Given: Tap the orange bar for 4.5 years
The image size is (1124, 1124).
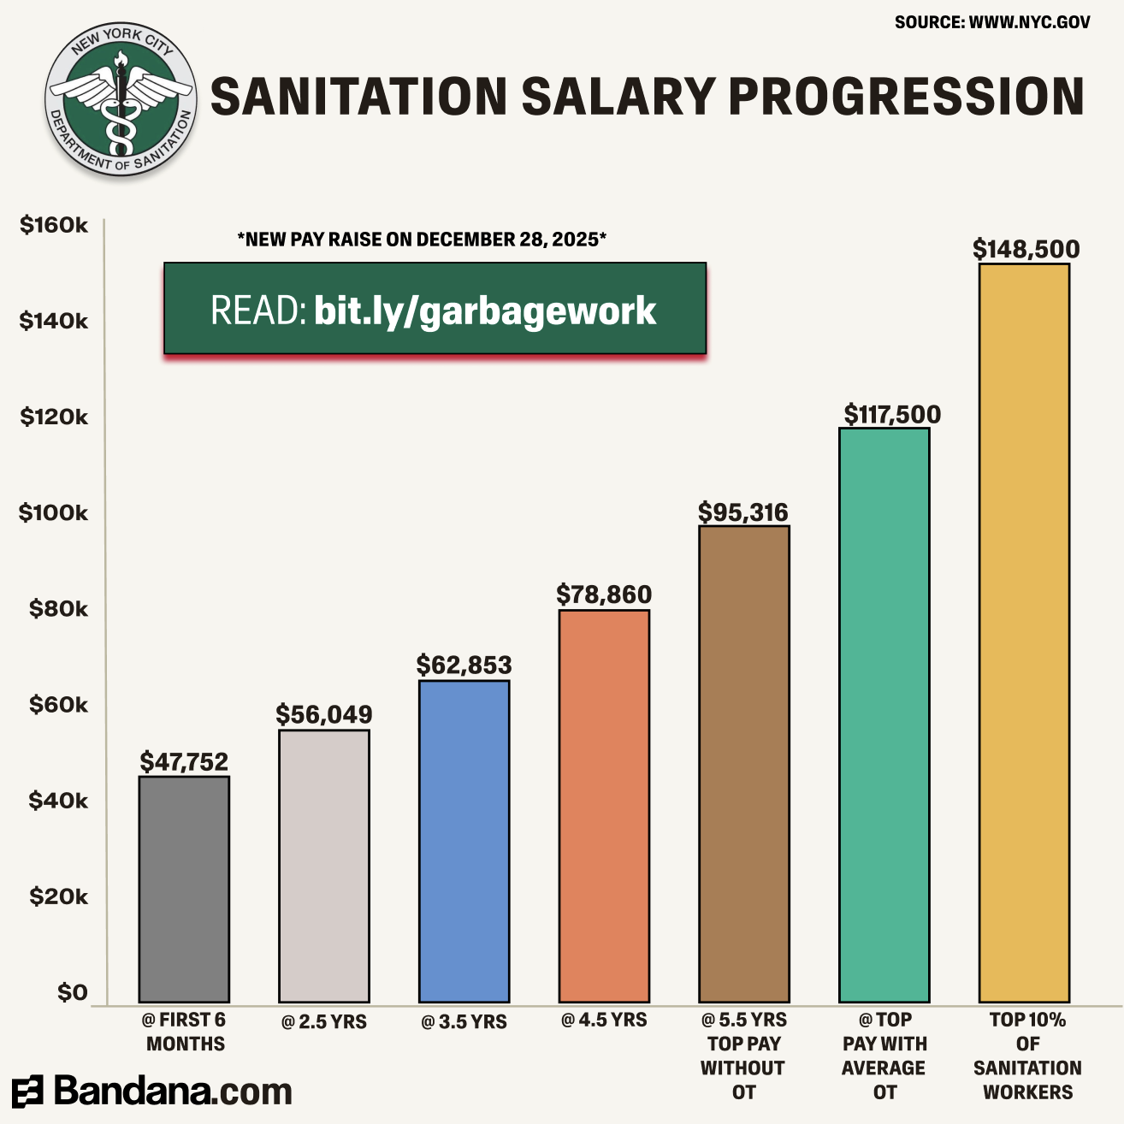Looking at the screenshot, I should coord(604,805).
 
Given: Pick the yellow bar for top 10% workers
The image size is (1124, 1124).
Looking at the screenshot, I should coord(1024,632).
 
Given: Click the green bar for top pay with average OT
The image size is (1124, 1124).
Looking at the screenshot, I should coord(884,714).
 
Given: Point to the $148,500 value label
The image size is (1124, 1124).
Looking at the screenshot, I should coord(1026,249).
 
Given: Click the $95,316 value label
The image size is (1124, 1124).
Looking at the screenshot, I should coord(743,512).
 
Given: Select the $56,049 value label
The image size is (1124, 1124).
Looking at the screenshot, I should coord(324,714).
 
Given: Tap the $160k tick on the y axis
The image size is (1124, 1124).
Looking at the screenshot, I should coord(53,225).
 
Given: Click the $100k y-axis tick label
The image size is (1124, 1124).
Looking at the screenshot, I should coord(53,512).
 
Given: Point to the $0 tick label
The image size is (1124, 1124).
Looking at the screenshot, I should coord(72,991).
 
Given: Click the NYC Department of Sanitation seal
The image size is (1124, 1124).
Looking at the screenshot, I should coord(121,100).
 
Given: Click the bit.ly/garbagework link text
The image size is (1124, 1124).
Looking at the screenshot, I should coord(485,311).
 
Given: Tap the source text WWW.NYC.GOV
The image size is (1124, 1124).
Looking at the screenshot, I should coord(1029,22).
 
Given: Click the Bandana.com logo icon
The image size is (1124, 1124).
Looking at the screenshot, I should coord(27,1092).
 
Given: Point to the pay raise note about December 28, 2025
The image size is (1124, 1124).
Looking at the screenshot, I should coord(422,240).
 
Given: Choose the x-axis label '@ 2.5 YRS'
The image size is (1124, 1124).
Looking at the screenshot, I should coord(324,1021).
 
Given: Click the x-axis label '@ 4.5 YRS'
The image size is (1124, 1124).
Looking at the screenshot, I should coord(604,1020).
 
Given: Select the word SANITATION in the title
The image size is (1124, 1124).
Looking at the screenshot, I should coord(359,96).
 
